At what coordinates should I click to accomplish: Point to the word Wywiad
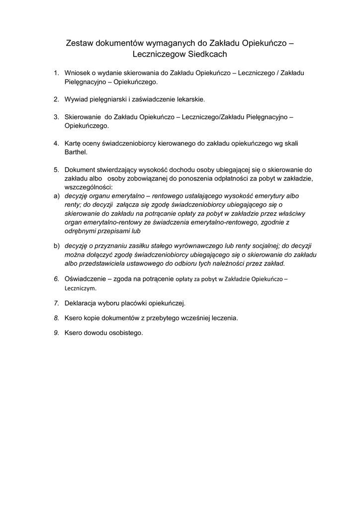(76, 99)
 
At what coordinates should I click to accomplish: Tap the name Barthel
(76, 152)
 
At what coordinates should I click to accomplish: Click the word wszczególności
(88, 187)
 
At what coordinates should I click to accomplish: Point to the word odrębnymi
(82, 231)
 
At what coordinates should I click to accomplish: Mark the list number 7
(57, 303)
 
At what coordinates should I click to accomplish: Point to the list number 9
(57, 333)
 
